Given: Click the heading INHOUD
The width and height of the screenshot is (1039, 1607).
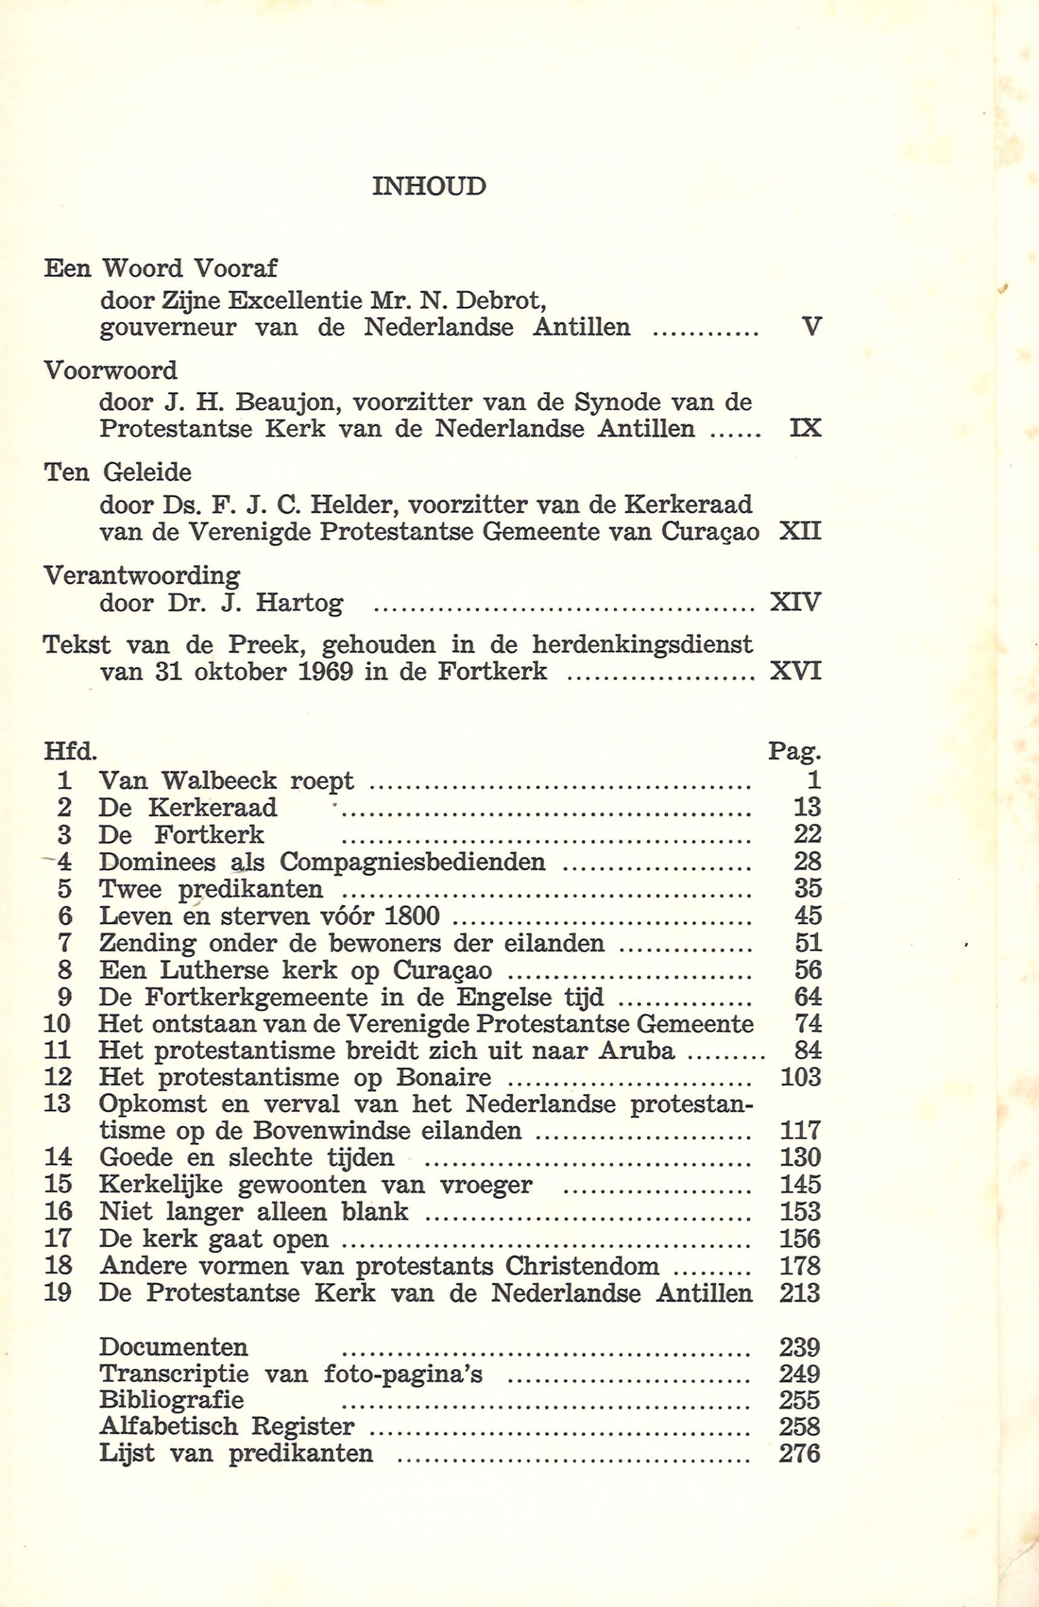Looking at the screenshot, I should click(428, 186).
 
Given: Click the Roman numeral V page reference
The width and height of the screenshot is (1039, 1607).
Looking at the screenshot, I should click(813, 327).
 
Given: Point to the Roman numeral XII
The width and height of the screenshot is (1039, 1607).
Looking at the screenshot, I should click(800, 532).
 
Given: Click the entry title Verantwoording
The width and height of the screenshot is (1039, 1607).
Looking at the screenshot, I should click(142, 576).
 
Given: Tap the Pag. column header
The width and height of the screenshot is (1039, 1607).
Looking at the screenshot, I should click(795, 751).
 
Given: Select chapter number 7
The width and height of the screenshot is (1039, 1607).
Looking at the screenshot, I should click(65, 942).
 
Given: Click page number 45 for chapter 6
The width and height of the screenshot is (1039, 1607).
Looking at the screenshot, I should click(807, 915).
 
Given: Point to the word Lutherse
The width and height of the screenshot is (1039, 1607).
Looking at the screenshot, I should click(214, 970).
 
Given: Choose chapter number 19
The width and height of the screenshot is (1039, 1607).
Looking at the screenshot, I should click(57, 1293).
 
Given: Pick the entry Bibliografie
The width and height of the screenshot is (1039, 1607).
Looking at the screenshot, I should click(171, 1400).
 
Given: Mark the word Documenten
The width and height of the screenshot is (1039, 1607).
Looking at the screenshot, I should click(173, 1346).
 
